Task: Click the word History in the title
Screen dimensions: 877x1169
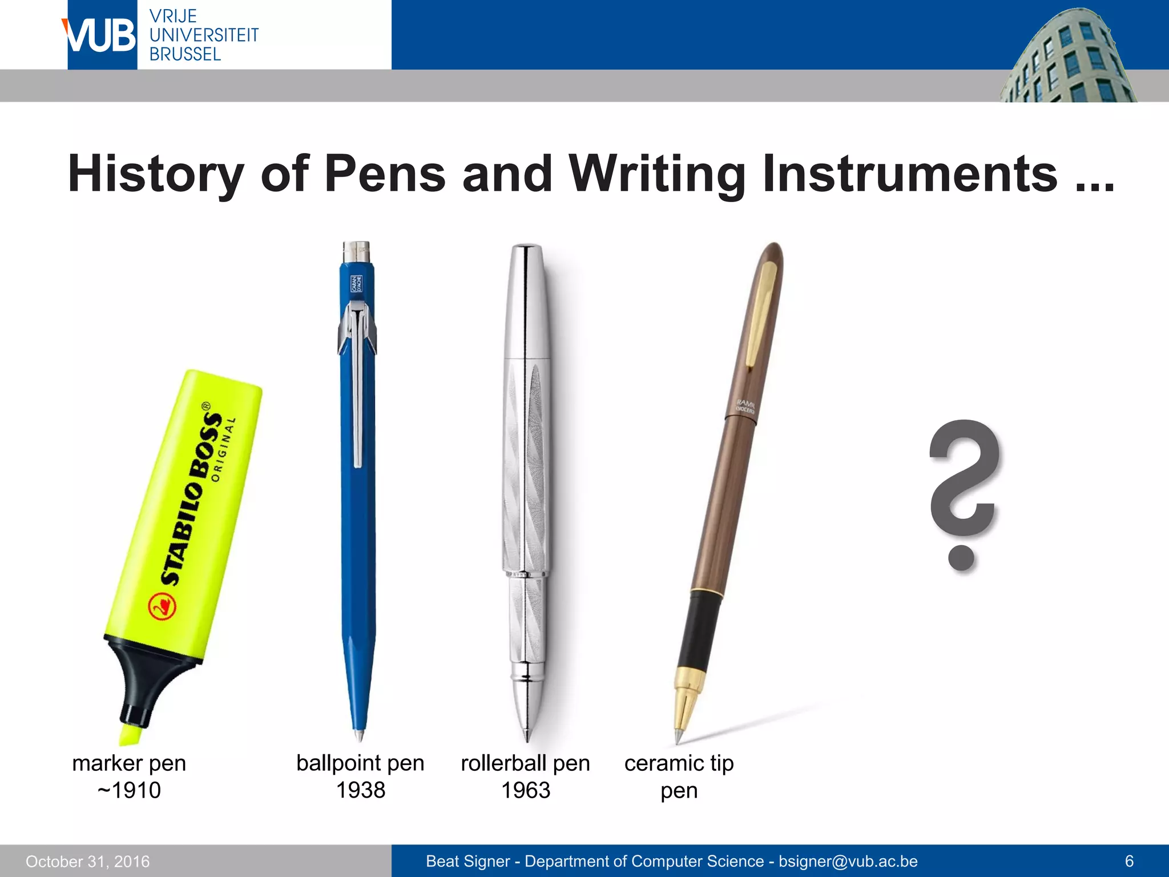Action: (156, 174)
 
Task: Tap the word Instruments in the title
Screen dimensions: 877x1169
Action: (910, 174)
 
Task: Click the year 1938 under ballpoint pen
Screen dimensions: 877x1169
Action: (360, 790)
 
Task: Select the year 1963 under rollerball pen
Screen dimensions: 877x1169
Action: (525, 790)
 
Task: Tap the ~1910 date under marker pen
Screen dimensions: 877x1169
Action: (129, 790)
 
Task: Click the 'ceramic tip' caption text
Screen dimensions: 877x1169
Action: (679, 763)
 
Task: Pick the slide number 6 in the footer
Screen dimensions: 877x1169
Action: (1129, 861)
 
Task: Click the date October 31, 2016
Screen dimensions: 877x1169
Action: (88, 861)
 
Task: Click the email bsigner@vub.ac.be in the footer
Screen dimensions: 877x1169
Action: (848, 861)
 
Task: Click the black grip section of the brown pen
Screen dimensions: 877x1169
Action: (699, 631)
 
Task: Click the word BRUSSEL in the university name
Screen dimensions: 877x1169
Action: (185, 54)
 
